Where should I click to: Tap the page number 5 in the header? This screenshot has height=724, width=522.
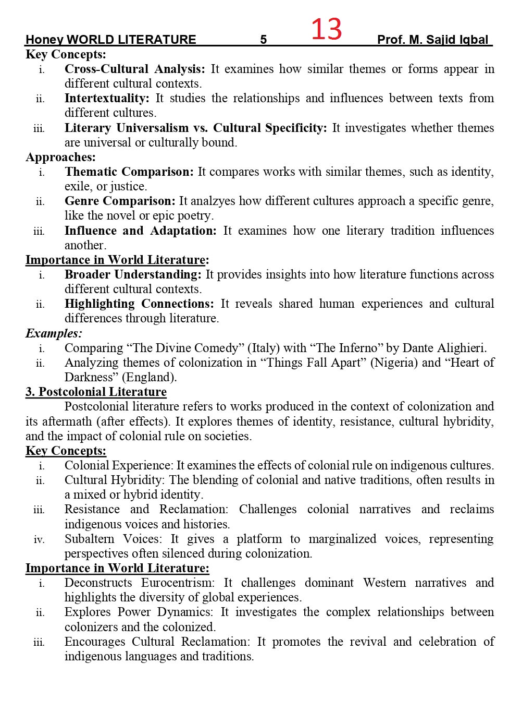[264, 40]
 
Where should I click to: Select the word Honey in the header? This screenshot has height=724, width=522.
[44, 40]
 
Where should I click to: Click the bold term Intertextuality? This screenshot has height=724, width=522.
[106, 98]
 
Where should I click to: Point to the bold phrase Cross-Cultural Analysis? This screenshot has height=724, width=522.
[134, 69]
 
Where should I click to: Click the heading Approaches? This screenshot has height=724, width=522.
[60, 157]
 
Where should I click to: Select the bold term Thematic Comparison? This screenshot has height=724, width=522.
[129, 172]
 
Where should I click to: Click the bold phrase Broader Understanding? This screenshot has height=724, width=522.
[132, 274]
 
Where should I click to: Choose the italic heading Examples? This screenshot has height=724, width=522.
[53, 333]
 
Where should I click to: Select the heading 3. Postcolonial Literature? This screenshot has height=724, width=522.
[96, 392]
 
